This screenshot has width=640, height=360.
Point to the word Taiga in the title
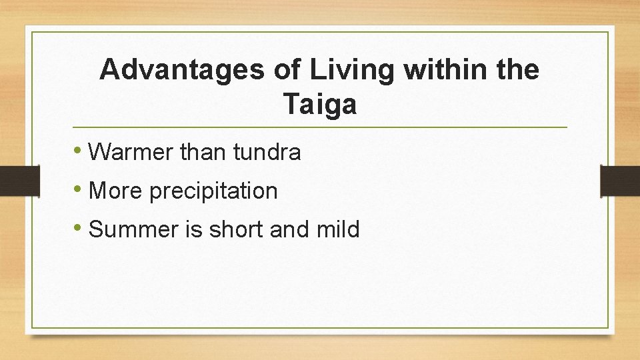(x=320, y=105)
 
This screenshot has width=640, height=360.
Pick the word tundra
(x=267, y=153)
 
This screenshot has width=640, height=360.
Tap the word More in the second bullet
(x=116, y=191)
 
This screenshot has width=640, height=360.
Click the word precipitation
(x=213, y=192)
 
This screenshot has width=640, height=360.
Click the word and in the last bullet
(x=293, y=230)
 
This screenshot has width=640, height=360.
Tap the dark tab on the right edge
(x=620, y=181)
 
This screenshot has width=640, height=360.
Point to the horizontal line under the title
(x=320, y=127)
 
